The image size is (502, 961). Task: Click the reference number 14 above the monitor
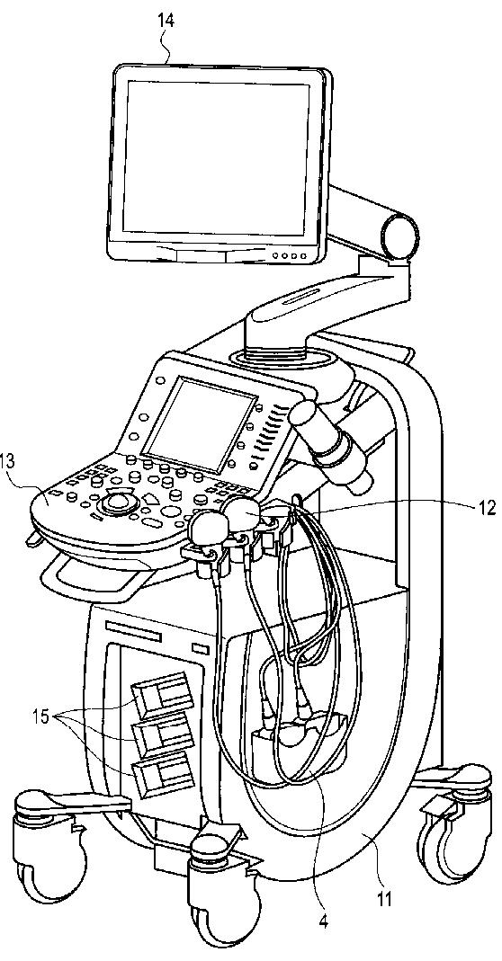[x=165, y=20]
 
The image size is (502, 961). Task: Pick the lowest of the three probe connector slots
[x=164, y=775]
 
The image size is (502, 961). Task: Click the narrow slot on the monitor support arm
[x=300, y=299]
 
